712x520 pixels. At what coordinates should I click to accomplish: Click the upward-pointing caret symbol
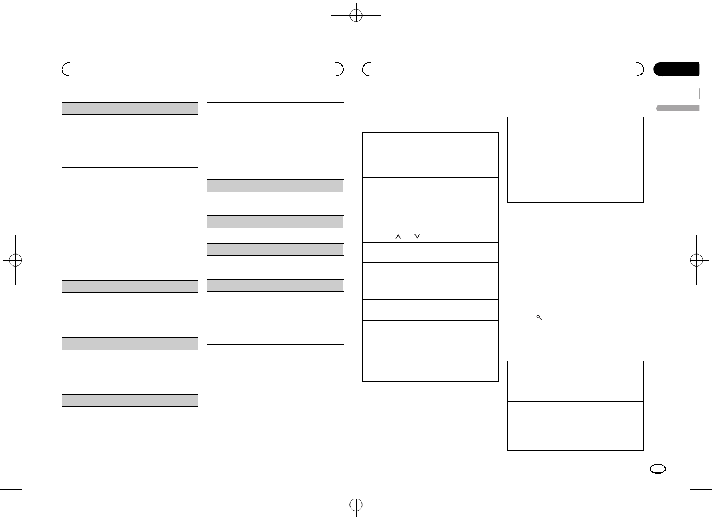[x=398, y=237]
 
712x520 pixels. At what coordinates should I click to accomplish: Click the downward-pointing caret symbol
[x=417, y=237]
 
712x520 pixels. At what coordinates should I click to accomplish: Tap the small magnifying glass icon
[x=538, y=317]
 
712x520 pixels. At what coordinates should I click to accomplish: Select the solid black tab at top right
[x=677, y=69]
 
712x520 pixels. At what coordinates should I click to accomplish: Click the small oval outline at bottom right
[x=658, y=469]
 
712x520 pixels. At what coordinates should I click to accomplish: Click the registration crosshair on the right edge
[x=696, y=260]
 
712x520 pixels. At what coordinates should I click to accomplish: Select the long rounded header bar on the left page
[x=203, y=69]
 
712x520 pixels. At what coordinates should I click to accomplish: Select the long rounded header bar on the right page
[x=503, y=69]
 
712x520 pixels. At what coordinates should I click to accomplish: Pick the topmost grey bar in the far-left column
[x=129, y=108]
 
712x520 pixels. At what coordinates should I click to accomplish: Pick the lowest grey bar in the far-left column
[x=129, y=400]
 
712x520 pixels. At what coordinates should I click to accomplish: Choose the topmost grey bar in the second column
[x=276, y=185]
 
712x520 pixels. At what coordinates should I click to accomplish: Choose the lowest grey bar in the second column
[x=276, y=285]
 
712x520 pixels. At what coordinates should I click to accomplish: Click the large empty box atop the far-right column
[x=575, y=159]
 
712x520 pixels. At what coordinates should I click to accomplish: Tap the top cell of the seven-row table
[x=430, y=154]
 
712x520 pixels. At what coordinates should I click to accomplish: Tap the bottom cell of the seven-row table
[x=430, y=350]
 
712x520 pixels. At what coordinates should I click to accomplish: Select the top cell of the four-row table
[x=575, y=370]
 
